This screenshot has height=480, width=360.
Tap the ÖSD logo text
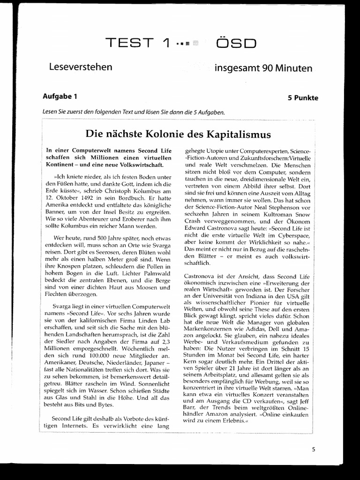(236, 43)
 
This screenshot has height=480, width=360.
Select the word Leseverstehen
(81, 67)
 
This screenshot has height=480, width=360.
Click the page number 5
(313, 449)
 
